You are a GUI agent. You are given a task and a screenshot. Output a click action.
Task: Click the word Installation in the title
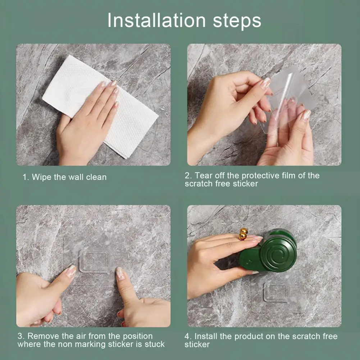[x=156, y=20]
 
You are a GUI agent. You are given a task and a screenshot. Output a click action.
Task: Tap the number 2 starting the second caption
[x=187, y=176]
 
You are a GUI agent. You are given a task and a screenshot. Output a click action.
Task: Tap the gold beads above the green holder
[x=243, y=234]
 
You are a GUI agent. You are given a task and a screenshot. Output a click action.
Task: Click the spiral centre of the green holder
[x=278, y=254]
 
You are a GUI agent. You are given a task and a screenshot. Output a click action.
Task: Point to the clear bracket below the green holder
[x=276, y=292]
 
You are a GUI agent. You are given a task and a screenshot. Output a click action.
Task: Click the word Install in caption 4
[x=206, y=336]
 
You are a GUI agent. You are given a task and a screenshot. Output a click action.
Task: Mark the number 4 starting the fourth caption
[x=187, y=337]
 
